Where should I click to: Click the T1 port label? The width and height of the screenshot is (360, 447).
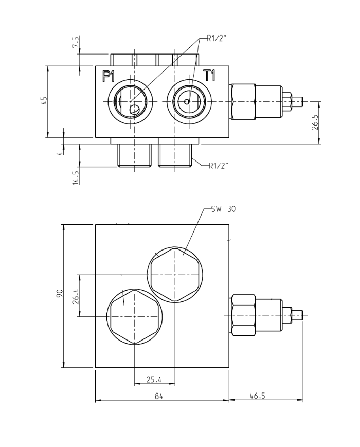click(209, 76)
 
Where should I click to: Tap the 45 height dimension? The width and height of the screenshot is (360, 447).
click(45, 101)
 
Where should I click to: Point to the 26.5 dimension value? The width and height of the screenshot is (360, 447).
click(315, 122)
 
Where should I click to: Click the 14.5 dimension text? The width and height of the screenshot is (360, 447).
click(76, 176)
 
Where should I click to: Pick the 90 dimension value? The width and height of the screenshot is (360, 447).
click(60, 295)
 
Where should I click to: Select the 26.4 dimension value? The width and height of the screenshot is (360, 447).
click(75, 295)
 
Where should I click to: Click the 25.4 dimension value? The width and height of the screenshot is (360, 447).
click(154, 380)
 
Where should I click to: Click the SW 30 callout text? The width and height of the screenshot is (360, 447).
click(225, 209)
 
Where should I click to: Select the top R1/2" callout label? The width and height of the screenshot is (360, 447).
click(217, 38)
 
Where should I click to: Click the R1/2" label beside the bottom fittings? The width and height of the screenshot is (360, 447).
click(219, 165)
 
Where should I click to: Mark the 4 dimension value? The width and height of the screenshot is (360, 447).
click(60, 152)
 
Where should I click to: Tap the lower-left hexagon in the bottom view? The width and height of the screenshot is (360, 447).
click(134, 316)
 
